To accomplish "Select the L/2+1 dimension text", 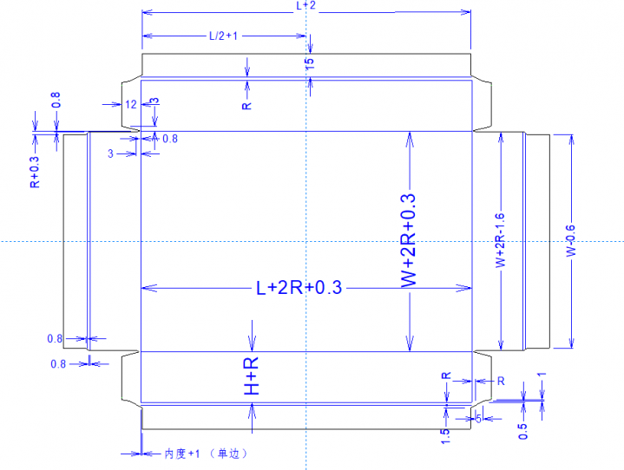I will point(223,36).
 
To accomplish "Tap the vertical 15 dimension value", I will point(310,62).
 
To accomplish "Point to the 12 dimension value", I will point(130,104).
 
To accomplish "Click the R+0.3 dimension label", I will point(34,172).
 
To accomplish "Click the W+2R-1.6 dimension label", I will point(500,239).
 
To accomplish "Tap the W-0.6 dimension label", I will point(570,239).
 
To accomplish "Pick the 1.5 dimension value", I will point(445,436).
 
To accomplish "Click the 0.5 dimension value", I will point(522,431).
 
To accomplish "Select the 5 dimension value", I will point(479,419).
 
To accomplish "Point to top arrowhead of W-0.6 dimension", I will point(570,138).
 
